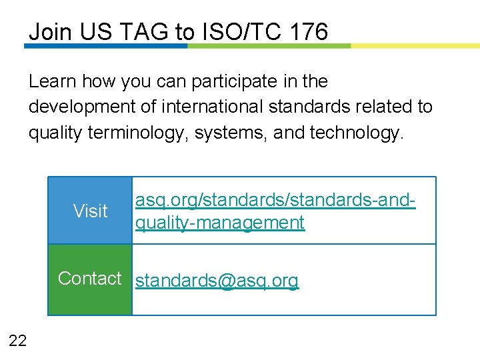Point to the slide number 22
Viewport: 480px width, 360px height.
(18, 341)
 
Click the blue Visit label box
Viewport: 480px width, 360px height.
(90, 211)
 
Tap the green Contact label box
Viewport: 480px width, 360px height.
(90, 279)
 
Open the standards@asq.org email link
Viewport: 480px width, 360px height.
(217, 281)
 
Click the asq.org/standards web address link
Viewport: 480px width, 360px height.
(275, 211)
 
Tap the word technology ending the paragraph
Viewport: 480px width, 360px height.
(357, 133)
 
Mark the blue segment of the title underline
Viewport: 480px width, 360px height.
(107, 46)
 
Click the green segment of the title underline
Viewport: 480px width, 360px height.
(269, 46)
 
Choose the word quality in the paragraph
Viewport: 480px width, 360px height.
(51, 133)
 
